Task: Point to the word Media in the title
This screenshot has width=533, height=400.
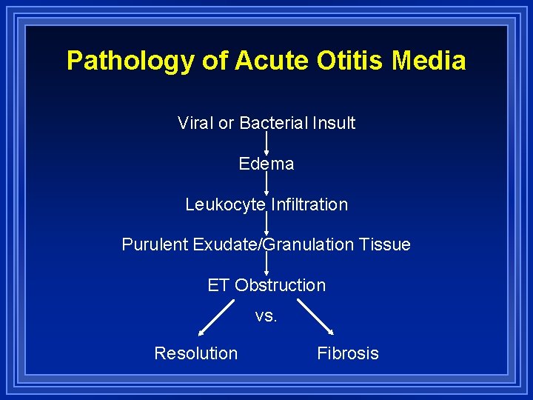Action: (x=429, y=60)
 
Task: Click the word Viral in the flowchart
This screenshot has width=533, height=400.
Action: (x=195, y=123)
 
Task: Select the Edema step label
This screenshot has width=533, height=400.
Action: (x=266, y=164)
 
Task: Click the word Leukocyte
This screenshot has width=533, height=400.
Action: (x=225, y=204)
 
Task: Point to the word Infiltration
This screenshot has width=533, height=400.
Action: (x=309, y=204)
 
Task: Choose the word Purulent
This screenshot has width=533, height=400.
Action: (x=155, y=245)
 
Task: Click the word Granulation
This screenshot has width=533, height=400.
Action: (x=309, y=245)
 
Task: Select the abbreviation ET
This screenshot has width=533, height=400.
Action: (x=218, y=285)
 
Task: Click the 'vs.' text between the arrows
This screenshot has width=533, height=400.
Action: (x=266, y=316)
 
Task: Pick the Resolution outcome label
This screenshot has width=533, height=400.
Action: (x=195, y=353)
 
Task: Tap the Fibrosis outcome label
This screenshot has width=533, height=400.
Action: (x=347, y=353)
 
